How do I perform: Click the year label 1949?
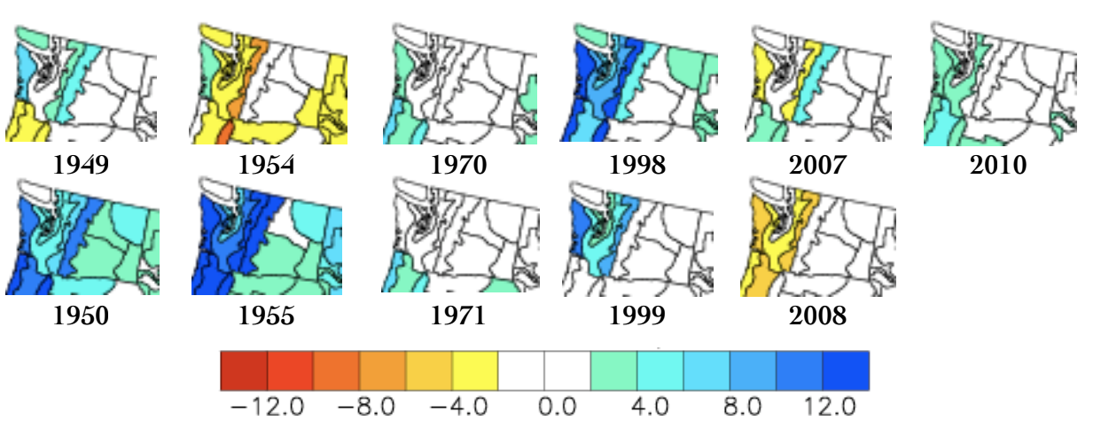pos(82,165)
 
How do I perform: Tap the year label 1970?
pos(458,165)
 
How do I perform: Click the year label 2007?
pos(817,165)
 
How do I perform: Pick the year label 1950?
pos(82,315)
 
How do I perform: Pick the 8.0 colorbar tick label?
pos(743,408)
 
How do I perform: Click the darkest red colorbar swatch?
pos(244,370)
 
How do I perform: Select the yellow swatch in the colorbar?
pos(475,370)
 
